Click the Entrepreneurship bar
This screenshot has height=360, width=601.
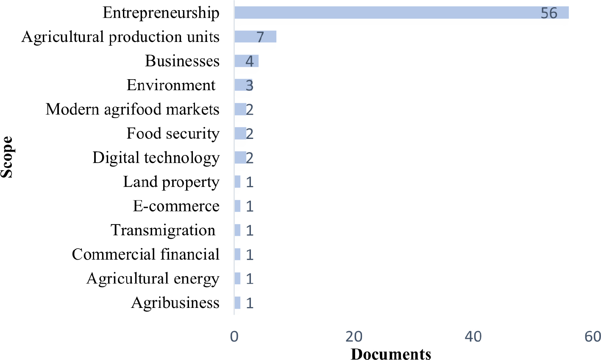click(x=402, y=13)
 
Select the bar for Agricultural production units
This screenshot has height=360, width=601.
click(x=256, y=36)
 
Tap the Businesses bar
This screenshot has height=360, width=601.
click(x=247, y=61)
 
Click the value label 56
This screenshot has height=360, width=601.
click(x=549, y=13)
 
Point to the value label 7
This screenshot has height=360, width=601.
click(x=260, y=37)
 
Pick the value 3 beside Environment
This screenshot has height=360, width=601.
click(x=250, y=86)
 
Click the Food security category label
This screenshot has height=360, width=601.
click(x=173, y=133)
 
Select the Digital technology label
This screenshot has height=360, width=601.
click(x=156, y=158)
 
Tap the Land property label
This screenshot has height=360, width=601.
click(x=171, y=182)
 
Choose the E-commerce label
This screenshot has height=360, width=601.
click(x=176, y=206)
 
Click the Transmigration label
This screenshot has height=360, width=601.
click(x=163, y=230)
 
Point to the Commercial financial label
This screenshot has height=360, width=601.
click(x=146, y=254)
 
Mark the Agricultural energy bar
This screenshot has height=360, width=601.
click(x=237, y=278)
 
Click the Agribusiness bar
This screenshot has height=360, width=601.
click(x=237, y=303)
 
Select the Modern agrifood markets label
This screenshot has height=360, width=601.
click(x=133, y=109)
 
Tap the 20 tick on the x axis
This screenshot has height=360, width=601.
click(x=354, y=337)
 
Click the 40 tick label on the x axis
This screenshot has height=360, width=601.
click(x=473, y=337)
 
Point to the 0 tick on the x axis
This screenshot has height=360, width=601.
click(x=234, y=337)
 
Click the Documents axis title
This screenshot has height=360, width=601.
click(x=391, y=354)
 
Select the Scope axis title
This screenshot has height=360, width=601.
click(x=7, y=157)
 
